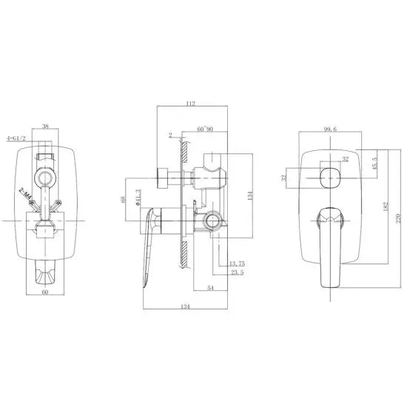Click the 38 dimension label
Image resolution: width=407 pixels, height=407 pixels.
46,127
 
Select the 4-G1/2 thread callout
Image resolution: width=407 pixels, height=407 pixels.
17,138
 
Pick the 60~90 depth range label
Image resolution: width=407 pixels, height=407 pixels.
205,129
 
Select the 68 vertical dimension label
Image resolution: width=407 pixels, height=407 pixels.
122,200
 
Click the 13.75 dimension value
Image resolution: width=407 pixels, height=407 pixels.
237,263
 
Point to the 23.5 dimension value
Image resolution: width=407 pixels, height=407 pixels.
237,272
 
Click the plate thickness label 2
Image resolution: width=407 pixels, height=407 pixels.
170,135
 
